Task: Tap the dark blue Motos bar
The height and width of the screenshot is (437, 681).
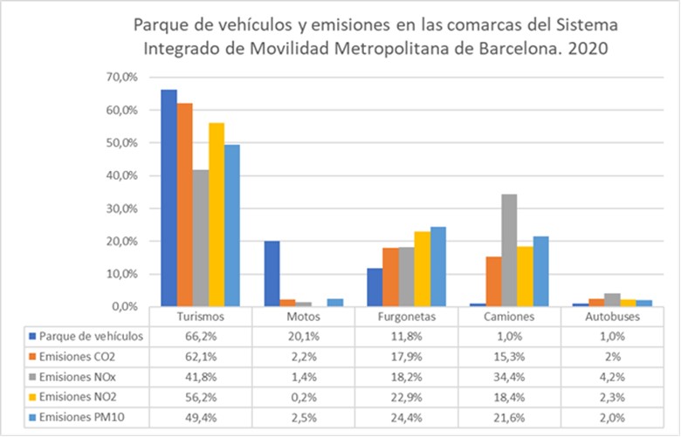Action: (x=272, y=274)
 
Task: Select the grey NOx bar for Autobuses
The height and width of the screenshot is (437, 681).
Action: (x=612, y=300)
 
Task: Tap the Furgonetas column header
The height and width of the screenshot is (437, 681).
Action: (x=406, y=318)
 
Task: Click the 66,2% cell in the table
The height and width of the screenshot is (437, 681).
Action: (x=200, y=336)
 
